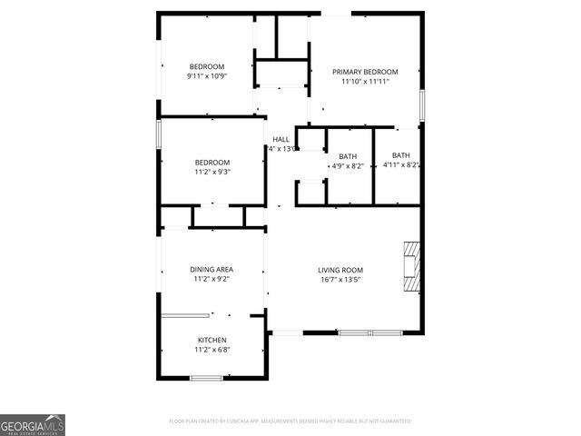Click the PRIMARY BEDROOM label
364,72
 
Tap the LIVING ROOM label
340,270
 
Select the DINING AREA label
212,269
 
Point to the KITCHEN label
212,340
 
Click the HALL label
281,139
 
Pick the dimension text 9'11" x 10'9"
206,76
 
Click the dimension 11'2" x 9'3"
212,172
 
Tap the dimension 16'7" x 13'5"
340,280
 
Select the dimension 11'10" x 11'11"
364,82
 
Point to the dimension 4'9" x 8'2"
347,166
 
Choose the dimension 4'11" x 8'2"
400,165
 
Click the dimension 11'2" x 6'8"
212,350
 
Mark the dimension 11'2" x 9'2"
212,279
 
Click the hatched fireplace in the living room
412,266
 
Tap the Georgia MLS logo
33,424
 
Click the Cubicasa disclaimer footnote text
290,421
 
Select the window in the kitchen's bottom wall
206,377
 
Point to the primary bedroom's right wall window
422,104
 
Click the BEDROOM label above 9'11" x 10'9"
206,66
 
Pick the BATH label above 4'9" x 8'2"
347,156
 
